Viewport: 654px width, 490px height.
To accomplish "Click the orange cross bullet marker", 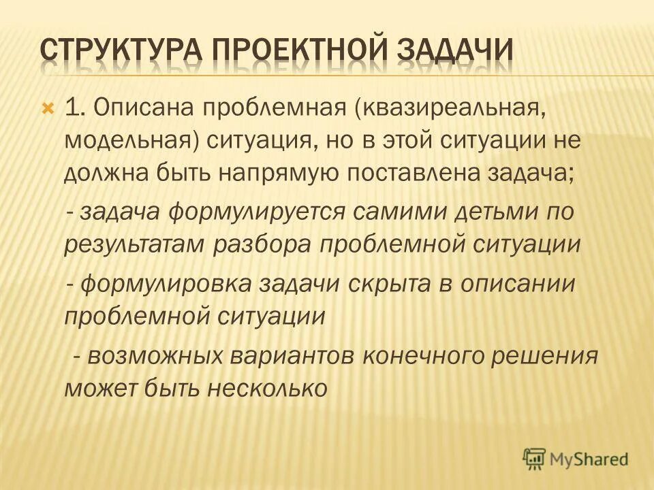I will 48,108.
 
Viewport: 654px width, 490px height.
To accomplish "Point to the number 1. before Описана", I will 74,107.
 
